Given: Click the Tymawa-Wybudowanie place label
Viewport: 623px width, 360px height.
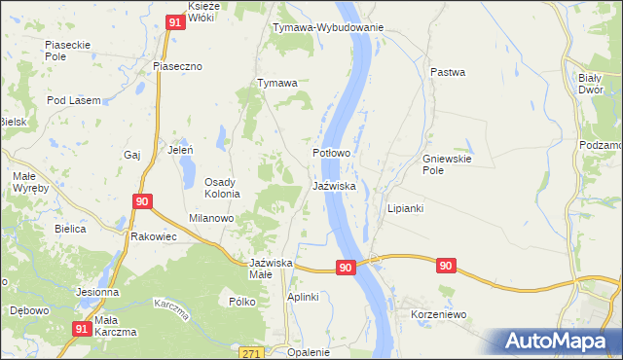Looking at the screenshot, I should point(328,27).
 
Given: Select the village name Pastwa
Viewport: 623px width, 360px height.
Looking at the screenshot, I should point(448,72).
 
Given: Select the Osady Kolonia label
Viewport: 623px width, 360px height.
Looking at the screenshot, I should point(231,188).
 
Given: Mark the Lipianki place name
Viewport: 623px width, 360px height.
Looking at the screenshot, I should point(406,208).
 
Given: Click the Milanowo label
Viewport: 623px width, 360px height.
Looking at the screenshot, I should point(211,219).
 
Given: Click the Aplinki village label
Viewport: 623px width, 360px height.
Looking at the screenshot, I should point(303,297).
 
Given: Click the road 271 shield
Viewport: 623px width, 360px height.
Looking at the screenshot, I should point(251,352).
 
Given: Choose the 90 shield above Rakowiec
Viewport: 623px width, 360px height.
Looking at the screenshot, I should point(142,201).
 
